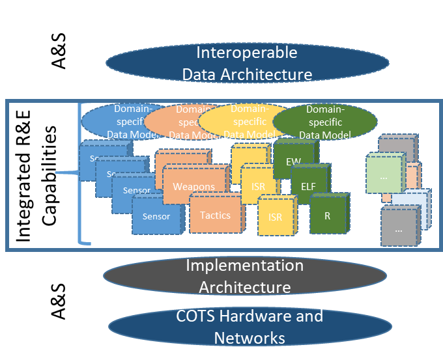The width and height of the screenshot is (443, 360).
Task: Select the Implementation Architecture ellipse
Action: (x=244, y=276)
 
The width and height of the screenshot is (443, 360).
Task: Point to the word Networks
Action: (x=250, y=339)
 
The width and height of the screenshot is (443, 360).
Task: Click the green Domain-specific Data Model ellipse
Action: (x=324, y=122)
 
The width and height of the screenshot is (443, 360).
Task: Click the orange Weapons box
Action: (x=193, y=186)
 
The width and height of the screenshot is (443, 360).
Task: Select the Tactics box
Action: (x=215, y=215)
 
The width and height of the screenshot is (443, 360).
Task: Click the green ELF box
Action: (x=308, y=186)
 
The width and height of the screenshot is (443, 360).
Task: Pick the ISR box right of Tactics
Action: (x=276, y=217)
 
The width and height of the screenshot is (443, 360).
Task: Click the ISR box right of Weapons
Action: (x=259, y=186)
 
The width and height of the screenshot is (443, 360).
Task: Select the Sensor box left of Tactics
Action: (x=156, y=216)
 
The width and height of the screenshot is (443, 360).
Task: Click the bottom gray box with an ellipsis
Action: (x=399, y=228)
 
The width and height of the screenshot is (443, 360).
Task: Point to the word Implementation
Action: (x=244, y=266)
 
